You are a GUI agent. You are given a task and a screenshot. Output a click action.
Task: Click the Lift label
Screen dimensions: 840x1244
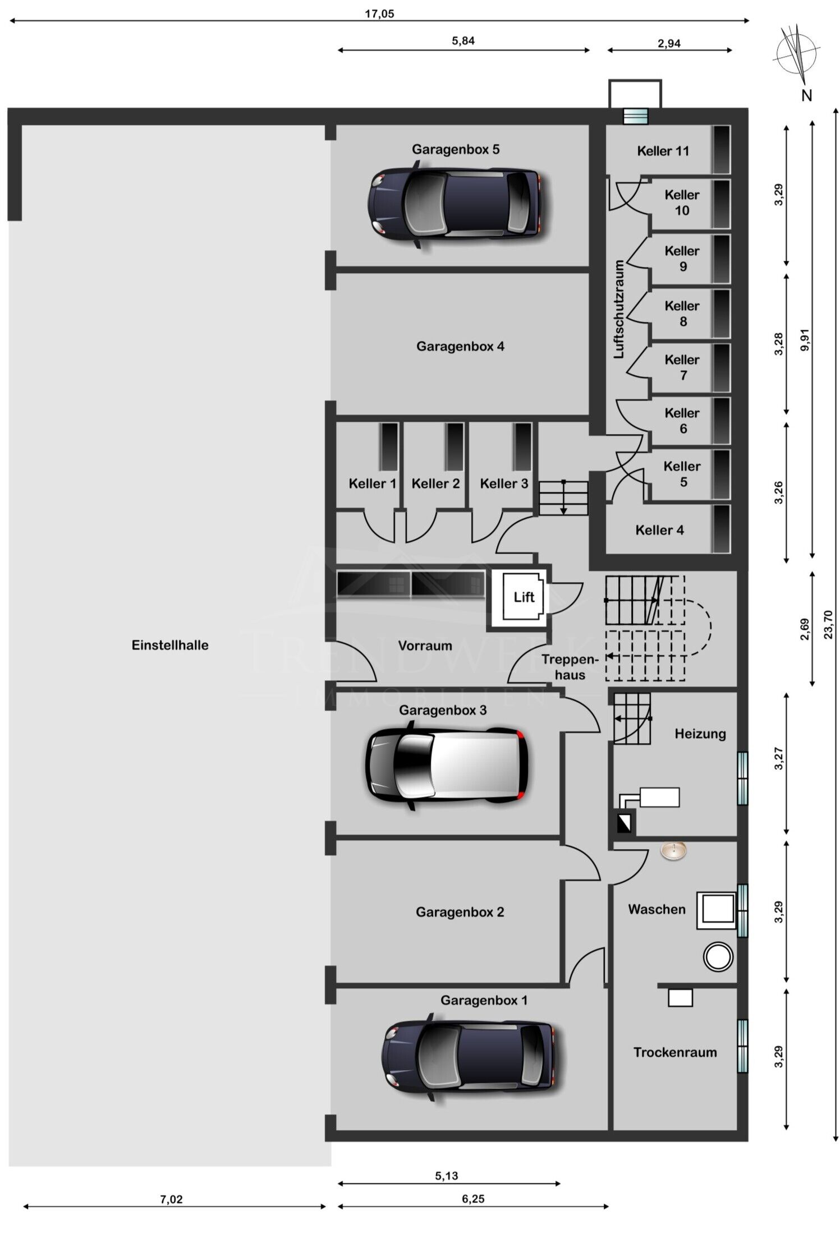tap(524, 597)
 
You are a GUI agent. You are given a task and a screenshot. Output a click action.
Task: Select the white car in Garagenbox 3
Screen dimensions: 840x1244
tap(446, 766)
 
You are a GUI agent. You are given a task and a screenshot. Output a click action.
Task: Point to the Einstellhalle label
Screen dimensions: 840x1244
tap(170, 645)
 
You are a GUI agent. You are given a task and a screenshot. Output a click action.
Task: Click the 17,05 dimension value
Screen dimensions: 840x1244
tap(379, 13)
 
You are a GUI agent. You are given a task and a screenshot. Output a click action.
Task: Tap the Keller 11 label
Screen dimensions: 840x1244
tap(663, 151)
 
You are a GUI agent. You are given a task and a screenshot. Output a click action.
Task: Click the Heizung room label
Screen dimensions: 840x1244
tap(700, 734)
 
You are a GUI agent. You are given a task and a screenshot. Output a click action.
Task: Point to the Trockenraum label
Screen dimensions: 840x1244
tap(675, 1053)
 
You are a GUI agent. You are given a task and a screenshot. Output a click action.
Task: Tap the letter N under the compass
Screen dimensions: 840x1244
tap(807, 96)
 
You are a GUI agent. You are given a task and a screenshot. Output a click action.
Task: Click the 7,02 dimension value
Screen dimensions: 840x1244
tap(171, 1200)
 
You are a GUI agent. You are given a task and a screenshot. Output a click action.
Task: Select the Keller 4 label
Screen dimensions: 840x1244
tap(659, 530)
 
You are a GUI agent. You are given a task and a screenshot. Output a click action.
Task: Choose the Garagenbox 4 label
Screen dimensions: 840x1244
tap(460, 347)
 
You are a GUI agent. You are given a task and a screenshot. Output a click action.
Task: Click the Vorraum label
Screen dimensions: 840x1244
tap(425, 646)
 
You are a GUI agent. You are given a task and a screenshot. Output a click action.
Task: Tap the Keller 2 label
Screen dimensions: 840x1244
tap(435, 483)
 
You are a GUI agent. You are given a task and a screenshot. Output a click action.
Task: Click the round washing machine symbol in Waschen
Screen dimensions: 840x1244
tap(718, 957)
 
